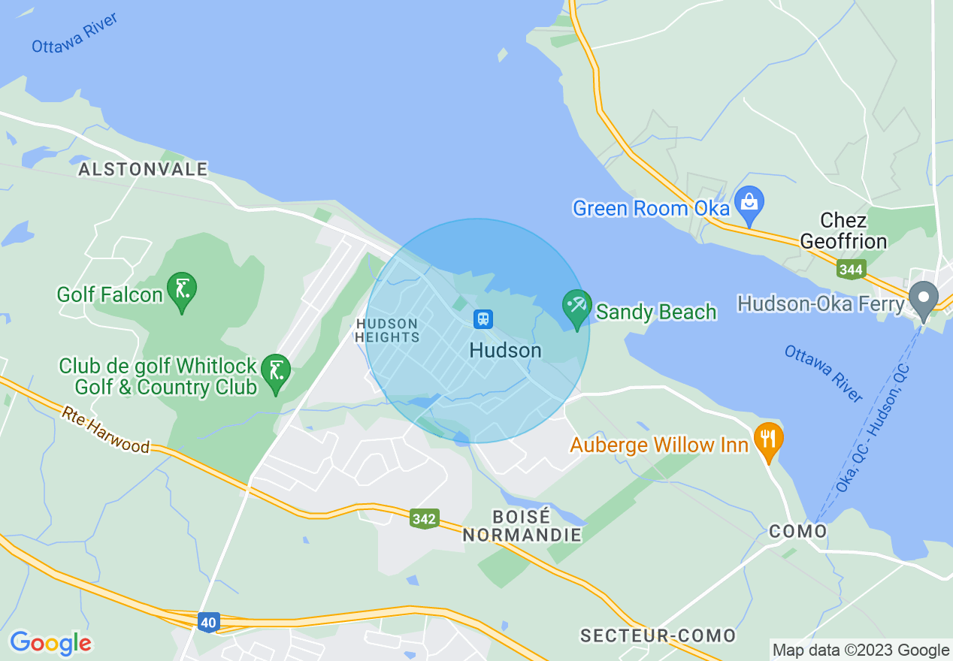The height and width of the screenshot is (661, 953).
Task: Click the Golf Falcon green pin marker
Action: tap(182, 289)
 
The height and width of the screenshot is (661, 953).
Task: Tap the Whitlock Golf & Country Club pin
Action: tap(277, 372)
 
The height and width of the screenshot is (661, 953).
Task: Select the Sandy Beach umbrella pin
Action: tap(576, 308)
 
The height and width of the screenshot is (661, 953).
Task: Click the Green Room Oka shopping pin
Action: tap(749, 203)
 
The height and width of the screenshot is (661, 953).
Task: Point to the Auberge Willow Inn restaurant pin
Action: tap(767, 439)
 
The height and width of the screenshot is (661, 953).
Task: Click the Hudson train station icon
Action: tap(483, 319)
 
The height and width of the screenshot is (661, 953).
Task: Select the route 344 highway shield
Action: tap(852, 268)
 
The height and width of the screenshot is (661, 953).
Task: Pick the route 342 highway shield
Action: tap(425, 518)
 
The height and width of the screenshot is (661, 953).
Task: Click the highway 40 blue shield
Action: tap(209, 621)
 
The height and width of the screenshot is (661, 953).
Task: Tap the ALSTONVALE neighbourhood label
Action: tap(143, 170)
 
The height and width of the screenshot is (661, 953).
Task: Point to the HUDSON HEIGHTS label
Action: tap(386, 330)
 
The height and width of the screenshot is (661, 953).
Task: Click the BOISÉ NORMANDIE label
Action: tap(522, 526)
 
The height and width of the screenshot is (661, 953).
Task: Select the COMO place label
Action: tap(798, 532)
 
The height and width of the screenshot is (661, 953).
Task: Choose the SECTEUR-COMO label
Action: tap(658, 636)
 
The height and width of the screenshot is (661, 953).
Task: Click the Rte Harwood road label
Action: tap(106, 430)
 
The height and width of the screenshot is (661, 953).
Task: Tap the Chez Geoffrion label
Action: tap(843, 231)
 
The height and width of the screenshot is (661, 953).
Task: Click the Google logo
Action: tap(50, 643)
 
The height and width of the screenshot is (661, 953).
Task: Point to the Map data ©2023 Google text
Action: tap(861, 650)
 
